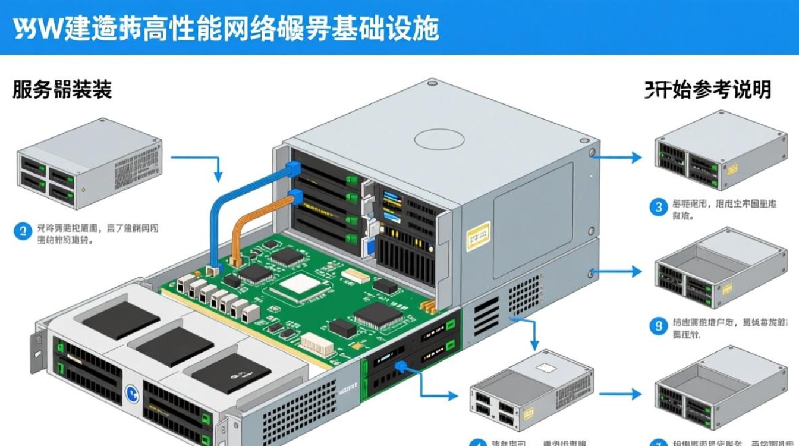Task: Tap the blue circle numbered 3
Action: click(658, 207)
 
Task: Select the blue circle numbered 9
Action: click(658, 326)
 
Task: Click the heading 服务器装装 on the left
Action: click(62, 90)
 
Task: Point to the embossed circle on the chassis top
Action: click(439, 139)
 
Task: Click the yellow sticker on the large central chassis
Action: click(478, 236)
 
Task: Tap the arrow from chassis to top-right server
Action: click(618, 158)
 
